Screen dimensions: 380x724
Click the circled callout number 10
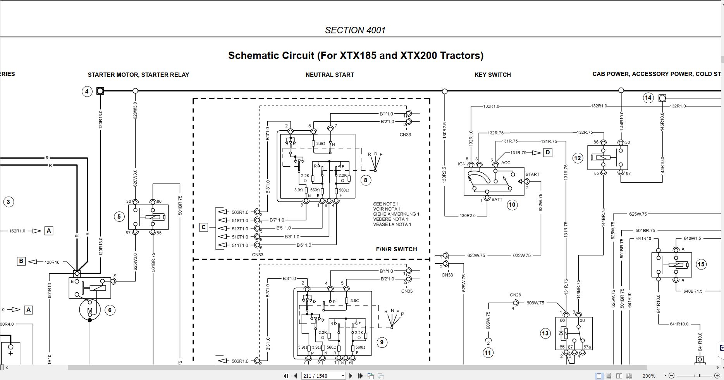pyautogui.click(x=512, y=205)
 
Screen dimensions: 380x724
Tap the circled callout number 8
pyautogui.click(x=365, y=180)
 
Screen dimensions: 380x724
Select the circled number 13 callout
pyautogui.click(x=545, y=333)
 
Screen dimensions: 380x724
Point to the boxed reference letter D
pyautogui.click(x=547, y=152)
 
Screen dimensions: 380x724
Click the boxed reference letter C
pyautogui.click(x=204, y=227)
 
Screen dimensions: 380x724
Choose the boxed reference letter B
pyautogui.click(x=21, y=261)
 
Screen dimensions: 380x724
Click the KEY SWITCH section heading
pyautogui.click(x=492, y=74)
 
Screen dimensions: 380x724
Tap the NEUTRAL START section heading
pyautogui.click(x=330, y=74)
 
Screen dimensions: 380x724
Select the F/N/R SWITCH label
pyautogui.click(x=396, y=249)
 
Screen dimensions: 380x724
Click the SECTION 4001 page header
pyautogui.click(x=355, y=30)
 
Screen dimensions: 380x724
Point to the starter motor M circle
pyautogui.click(x=90, y=310)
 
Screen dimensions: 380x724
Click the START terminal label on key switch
pyautogui.click(x=532, y=174)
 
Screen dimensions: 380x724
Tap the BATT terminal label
pyautogui.click(x=497, y=199)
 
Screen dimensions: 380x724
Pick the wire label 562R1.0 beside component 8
pyautogui.click(x=240, y=212)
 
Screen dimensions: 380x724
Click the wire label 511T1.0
pyautogui.click(x=240, y=245)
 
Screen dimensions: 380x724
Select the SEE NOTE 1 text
pyautogui.click(x=386, y=204)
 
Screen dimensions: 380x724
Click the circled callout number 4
pyautogui.click(x=87, y=92)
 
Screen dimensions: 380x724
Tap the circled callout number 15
pyautogui.click(x=701, y=264)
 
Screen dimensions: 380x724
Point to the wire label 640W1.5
pyautogui.click(x=693, y=238)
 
